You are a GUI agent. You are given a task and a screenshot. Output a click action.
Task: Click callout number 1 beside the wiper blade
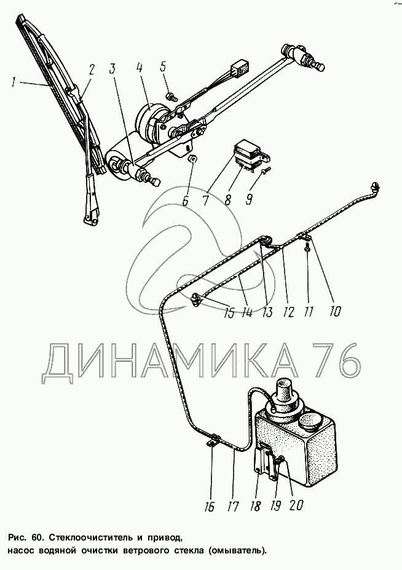point(14,82)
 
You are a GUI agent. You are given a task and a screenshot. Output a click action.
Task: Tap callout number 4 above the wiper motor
point(140,68)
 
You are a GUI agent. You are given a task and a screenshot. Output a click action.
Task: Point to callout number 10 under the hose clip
point(334,311)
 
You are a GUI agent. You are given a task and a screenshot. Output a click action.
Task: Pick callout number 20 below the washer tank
point(296,505)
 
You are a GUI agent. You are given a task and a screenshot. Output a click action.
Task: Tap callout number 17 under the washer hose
point(232,505)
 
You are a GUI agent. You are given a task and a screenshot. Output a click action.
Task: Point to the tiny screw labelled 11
point(307,248)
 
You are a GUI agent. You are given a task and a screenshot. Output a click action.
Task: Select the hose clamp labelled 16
point(214,439)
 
